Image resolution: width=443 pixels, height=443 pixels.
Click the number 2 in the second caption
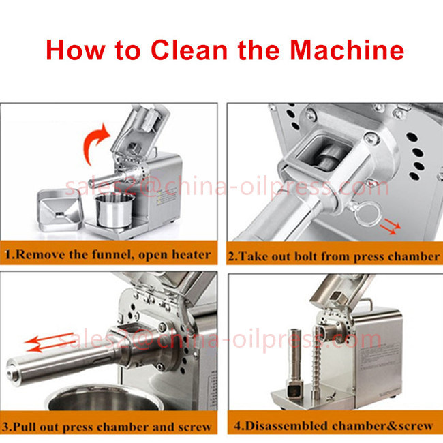click(x=231, y=257)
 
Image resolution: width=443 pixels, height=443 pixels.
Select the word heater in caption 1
click(x=189, y=256)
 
